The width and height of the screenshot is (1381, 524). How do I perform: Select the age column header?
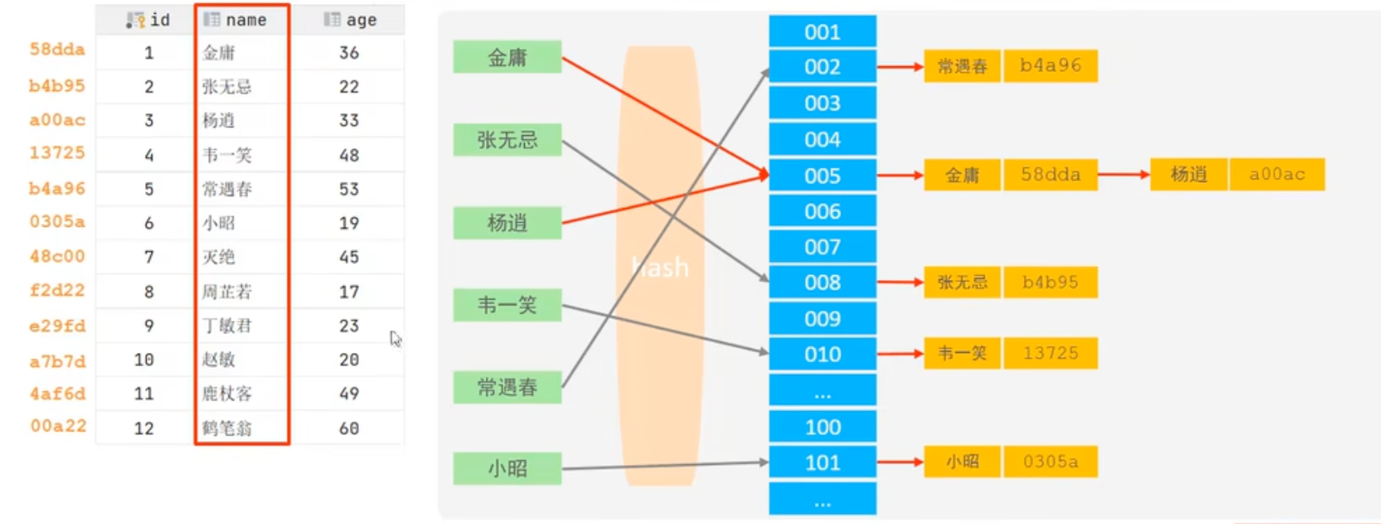coord(351,20)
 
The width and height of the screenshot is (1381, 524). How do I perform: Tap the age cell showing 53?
coord(349,189)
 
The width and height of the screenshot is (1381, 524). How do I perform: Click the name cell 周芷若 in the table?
coord(228,291)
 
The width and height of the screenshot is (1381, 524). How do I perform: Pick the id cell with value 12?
coord(144,428)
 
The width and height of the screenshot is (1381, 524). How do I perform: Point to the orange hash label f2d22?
coord(57,291)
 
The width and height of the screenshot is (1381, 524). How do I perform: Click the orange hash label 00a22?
coord(58,426)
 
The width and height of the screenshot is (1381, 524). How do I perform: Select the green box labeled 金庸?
coord(507,57)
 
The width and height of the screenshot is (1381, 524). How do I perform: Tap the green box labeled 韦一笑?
coord(507,305)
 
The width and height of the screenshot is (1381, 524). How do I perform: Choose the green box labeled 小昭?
coord(507,468)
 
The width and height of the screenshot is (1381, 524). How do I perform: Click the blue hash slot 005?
coord(822,175)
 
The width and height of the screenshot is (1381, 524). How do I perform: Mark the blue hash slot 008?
coord(822,282)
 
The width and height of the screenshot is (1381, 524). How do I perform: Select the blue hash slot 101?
coord(822,463)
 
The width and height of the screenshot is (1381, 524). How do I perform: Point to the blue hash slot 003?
coord(822,103)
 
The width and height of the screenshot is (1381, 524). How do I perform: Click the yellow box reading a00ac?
coord(1276,174)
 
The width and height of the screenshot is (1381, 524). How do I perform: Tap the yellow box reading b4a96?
coord(1050,65)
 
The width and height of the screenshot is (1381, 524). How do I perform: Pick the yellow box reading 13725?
coord(1050,354)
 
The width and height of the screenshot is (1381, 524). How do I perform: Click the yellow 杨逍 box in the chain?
coord(1189,174)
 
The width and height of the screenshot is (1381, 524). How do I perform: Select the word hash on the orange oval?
coord(660,267)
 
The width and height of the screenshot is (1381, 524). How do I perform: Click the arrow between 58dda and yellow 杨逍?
coord(1124,174)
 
